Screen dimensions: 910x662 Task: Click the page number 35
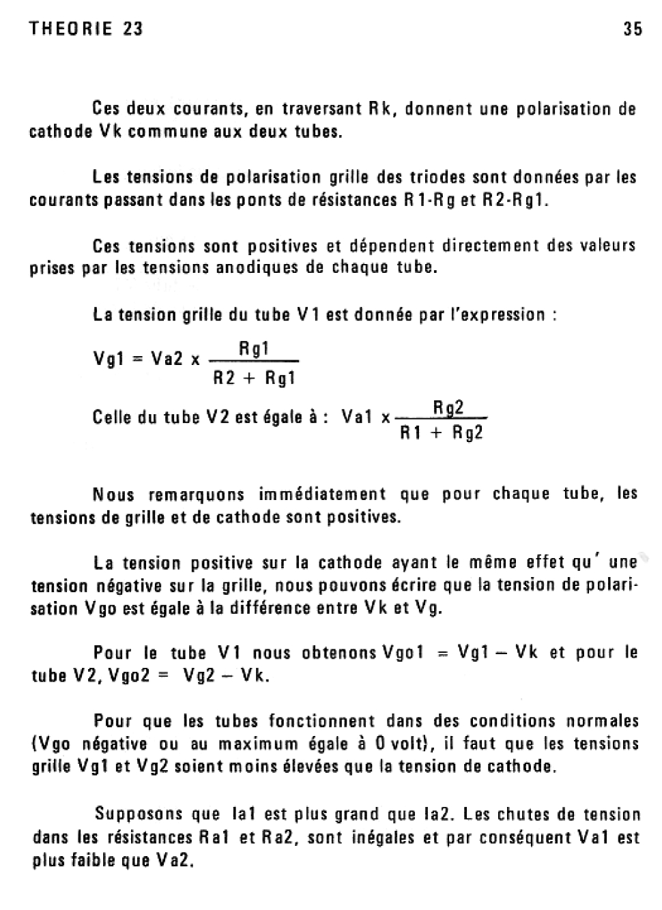633,29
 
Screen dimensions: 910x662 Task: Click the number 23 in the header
134,29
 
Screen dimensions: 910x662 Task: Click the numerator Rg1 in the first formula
254,349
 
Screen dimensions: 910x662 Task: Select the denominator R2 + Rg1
254,378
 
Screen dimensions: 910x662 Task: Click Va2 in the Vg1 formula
167,359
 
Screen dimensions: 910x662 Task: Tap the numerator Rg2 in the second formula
448,408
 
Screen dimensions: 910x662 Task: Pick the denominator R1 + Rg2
442,433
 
